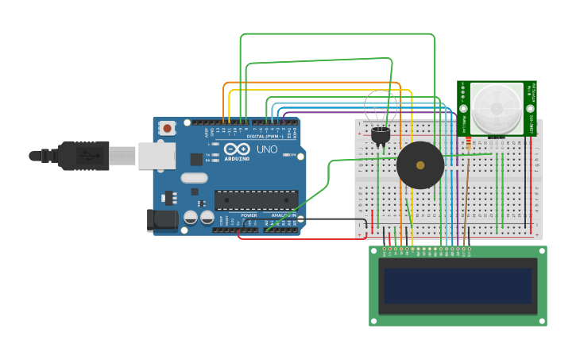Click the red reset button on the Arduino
pos(167,127)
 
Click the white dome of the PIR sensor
pos(497,108)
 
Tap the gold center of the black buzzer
pos(420,165)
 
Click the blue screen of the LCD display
pos(457,285)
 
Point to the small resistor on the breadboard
pos(468,144)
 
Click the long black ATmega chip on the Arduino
pos(256,200)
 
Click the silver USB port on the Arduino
pos(157,156)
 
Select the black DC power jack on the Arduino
pos(162,220)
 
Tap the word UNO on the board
pos(267,149)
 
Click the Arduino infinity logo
pos(237,149)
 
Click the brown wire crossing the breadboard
pos(466,191)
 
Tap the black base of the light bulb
pos(381,136)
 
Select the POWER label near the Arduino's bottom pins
pos(249,215)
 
